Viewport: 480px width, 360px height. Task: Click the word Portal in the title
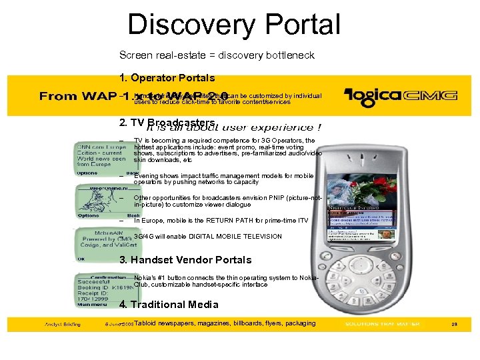(300, 25)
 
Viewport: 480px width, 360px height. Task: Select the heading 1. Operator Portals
(167, 77)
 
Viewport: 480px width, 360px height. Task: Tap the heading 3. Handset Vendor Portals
(185, 259)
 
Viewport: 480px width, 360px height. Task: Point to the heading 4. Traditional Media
(169, 304)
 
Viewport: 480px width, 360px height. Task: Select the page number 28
(455, 324)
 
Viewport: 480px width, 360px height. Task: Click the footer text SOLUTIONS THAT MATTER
(382, 324)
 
